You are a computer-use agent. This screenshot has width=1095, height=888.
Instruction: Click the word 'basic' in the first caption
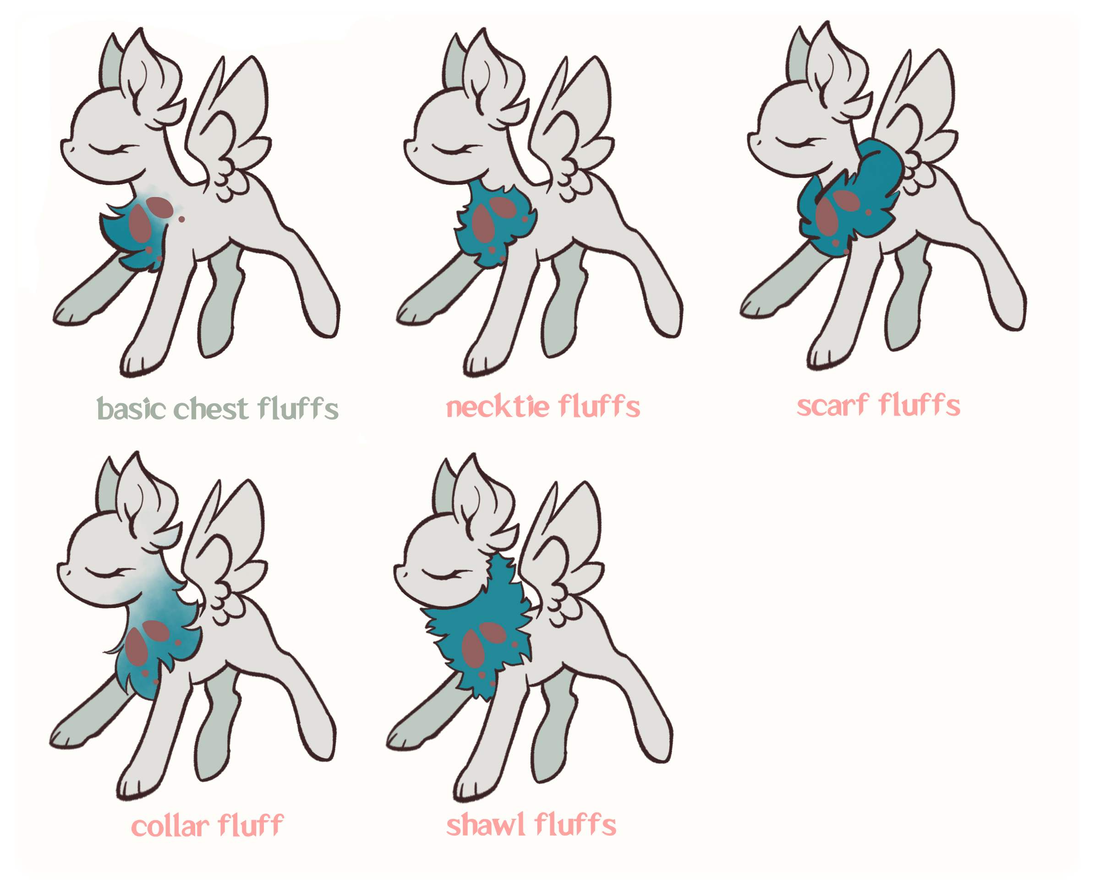(x=131, y=409)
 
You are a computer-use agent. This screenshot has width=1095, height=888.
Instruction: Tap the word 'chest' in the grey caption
(x=211, y=409)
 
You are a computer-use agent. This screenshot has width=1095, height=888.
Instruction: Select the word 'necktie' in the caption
(x=496, y=407)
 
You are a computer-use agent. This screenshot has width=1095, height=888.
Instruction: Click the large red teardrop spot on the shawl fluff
(x=473, y=647)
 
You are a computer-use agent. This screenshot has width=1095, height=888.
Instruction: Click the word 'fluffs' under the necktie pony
(x=598, y=407)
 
